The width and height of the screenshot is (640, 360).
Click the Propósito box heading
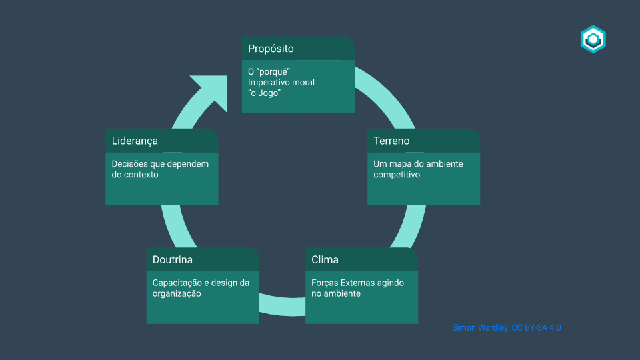tap(271, 49)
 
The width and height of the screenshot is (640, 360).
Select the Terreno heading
tap(391, 141)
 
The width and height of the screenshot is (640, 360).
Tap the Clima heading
tap(325, 259)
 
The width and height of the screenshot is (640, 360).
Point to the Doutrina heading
tap(172, 259)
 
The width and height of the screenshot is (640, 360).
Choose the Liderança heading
tap(135, 141)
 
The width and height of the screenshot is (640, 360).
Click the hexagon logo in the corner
tap(593, 39)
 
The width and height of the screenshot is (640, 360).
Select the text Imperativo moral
tap(281, 82)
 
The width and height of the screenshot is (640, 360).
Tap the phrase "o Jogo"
tap(264, 93)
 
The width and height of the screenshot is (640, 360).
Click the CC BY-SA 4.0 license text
tap(536, 327)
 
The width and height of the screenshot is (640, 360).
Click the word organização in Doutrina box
tap(177, 293)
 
